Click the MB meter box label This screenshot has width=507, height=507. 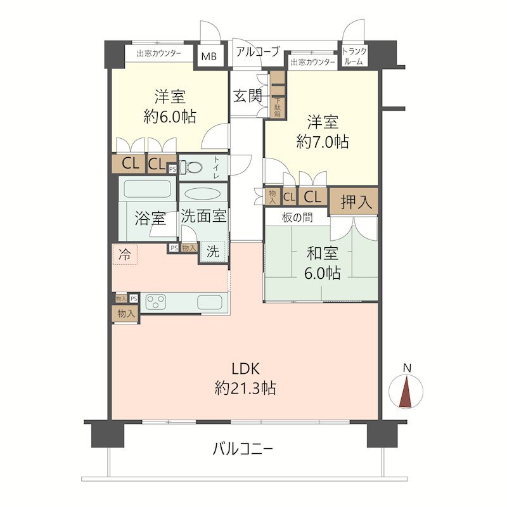pyautogui.click(x=209, y=56)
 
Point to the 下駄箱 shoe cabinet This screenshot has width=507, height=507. pyautogui.click(x=278, y=106)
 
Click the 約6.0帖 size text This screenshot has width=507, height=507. pyautogui.click(x=169, y=116)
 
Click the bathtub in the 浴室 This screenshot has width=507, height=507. pyautogui.click(x=148, y=189)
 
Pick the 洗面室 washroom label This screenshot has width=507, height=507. pyautogui.click(x=203, y=216)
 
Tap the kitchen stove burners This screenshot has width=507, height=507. pyautogui.click(x=157, y=301)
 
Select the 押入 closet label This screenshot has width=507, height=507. pyautogui.click(x=354, y=203)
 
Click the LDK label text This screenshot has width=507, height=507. pyautogui.click(x=245, y=369)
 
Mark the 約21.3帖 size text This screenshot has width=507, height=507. pyautogui.click(x=245, y=388)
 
